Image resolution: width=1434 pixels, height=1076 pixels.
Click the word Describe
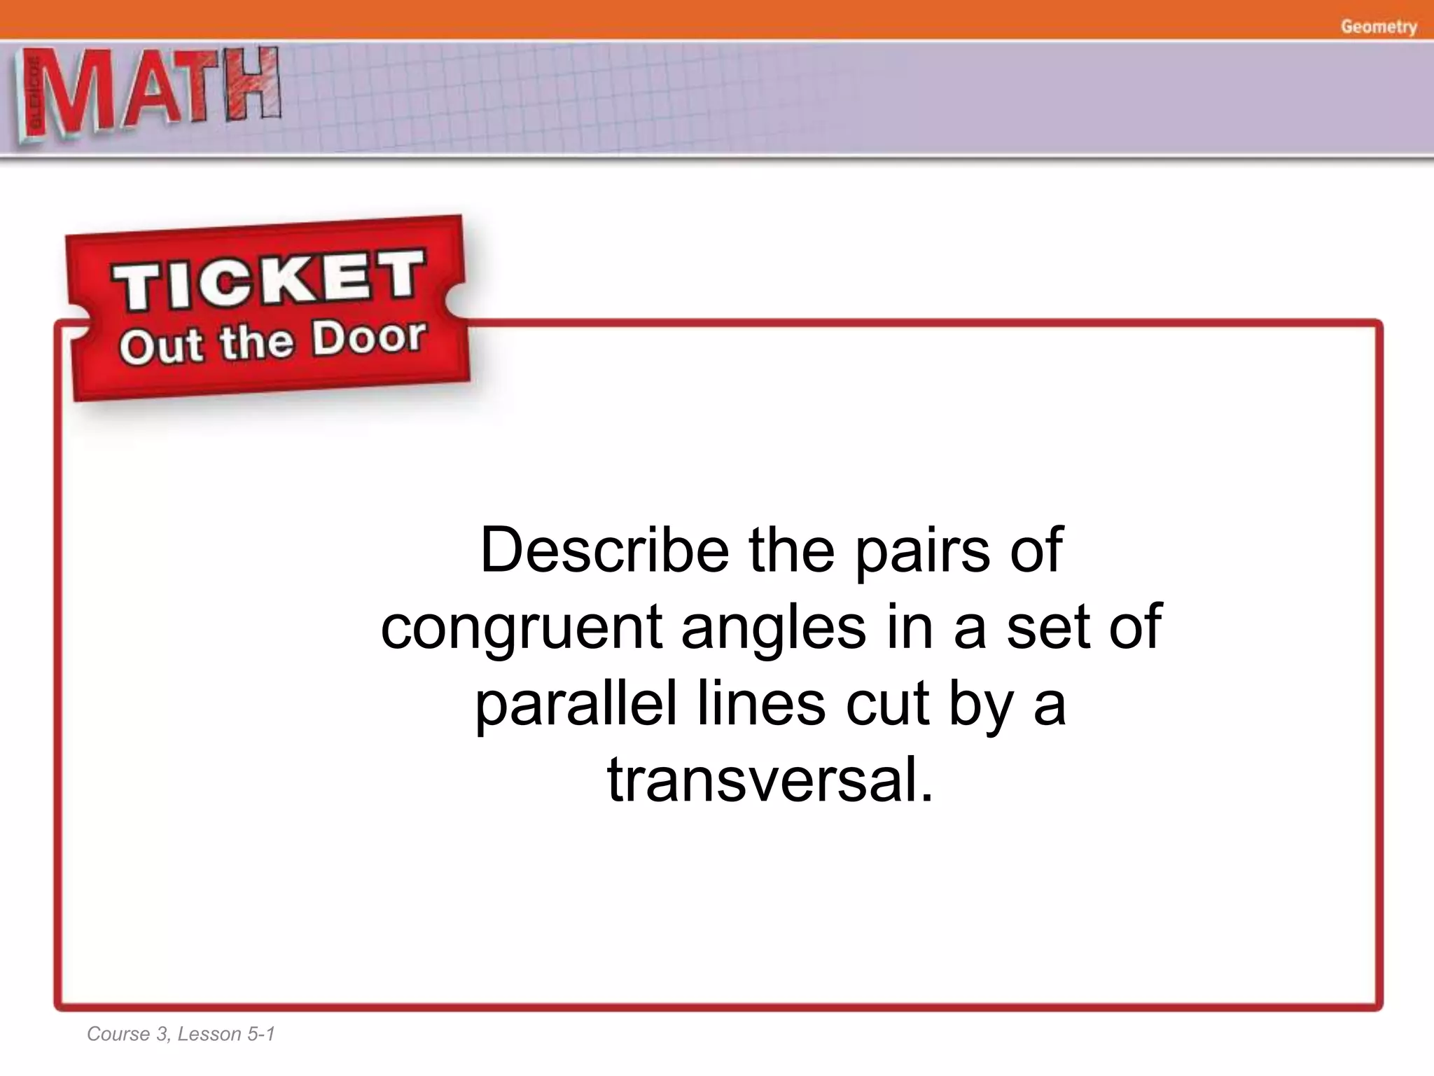[x=604, y=551]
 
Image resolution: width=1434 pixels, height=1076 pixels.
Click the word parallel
[x=576, y=703]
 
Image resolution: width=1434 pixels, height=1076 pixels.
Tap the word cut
[x=887, y=705]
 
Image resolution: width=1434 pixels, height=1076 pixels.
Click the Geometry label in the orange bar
[x=1379, y=27]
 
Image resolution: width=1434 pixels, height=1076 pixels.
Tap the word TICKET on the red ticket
[x=270, y=280]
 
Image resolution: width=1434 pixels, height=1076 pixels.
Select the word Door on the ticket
[x=368, y=338]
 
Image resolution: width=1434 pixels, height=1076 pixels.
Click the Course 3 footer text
[x=127, y=1034]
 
